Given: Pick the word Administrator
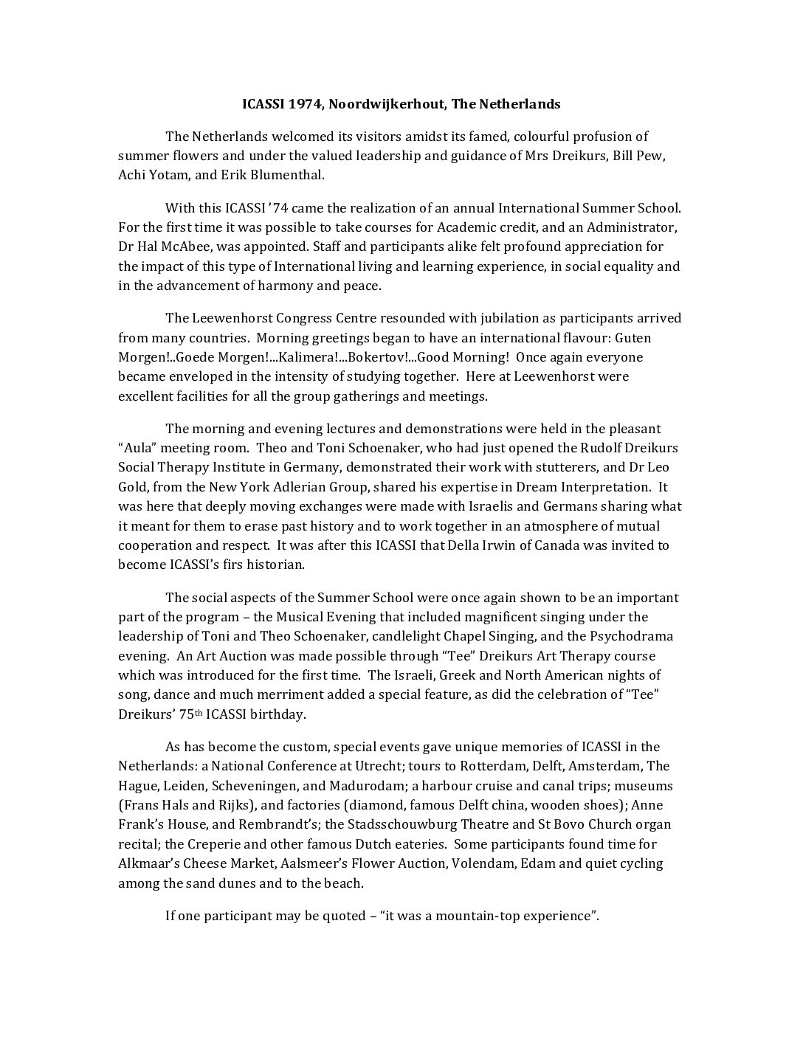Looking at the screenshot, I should [x=632, y=227].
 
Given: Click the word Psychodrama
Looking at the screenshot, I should [x=630, y=636].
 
